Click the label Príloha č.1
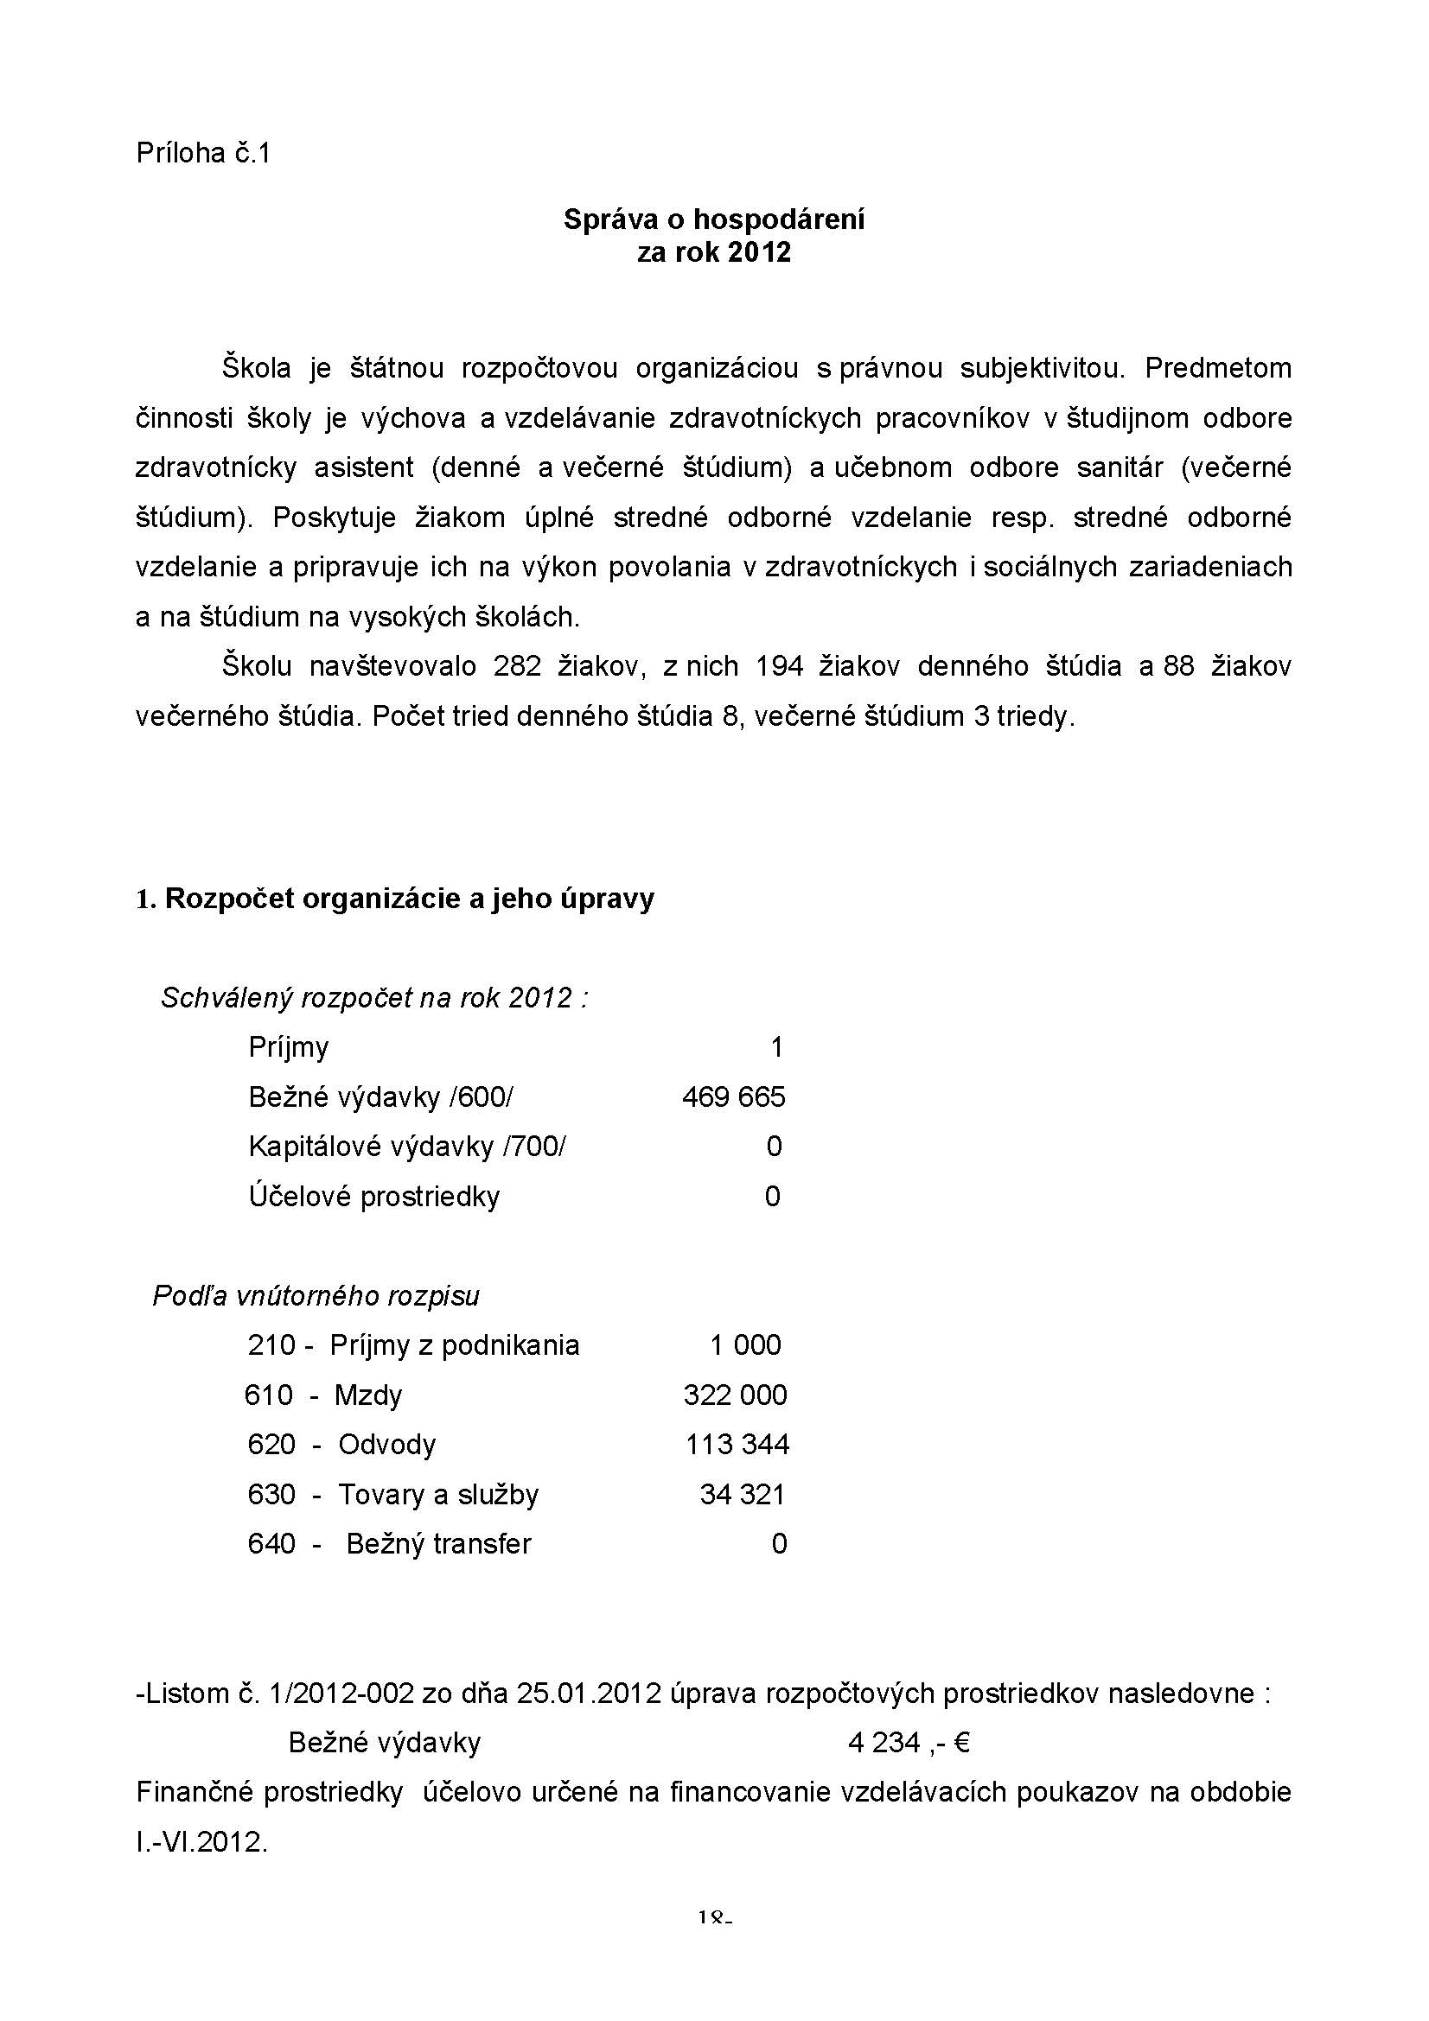[x=202, y=154]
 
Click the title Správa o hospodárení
[x=713, y=219]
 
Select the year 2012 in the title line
[x=760, y=252]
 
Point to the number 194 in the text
[x=778, y=666]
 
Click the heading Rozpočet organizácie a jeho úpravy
[x=410, y=899]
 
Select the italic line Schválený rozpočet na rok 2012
[x=374, y=998]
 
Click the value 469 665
[x=733, y=1096]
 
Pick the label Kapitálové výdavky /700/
[x=408, y=1146]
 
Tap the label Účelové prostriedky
[x=374, y=1196]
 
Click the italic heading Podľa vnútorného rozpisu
[x=316, y=1296]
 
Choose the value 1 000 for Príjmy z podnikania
[x=745, y=1345]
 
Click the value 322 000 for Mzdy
[x=735, y=1395]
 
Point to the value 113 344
[x=737, y=1445]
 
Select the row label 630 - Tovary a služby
[x=392, y=1495]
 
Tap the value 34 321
[x=743, y=1495]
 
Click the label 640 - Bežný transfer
[x=389, y=1544]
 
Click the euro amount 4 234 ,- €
[x=909, y=1743]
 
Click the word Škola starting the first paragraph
[x=256, y=368]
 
